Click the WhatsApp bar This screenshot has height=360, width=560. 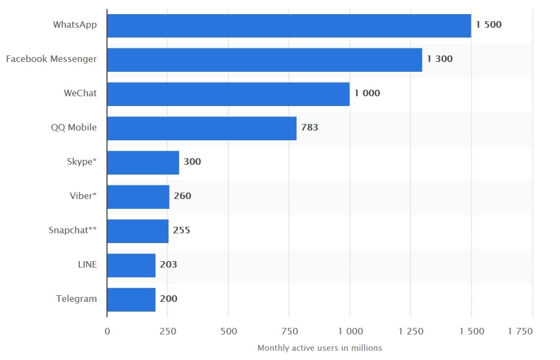[289, 26]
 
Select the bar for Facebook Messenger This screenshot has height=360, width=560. [264, 60]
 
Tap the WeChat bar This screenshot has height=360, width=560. [228, 94]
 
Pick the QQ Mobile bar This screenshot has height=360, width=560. [202, 128]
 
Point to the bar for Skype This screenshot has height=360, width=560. [143, 163]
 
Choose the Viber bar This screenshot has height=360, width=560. [138, 196]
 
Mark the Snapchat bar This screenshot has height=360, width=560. [138, 231]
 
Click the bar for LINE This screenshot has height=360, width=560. [131, 265]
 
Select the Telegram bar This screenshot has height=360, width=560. [131, 299]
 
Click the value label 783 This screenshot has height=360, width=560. [309, 128]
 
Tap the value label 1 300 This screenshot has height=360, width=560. [439, 59]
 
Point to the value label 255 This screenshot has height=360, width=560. [182, 231]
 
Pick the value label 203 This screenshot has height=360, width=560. [169, 265]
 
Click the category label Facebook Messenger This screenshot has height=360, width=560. [52, 59]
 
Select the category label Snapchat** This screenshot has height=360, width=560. [73, 230]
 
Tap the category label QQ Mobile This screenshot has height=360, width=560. [74, 127]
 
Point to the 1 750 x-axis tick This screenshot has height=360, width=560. [520, 331]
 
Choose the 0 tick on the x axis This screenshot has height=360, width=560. [107, 331]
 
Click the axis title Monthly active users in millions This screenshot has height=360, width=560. [320, 348]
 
